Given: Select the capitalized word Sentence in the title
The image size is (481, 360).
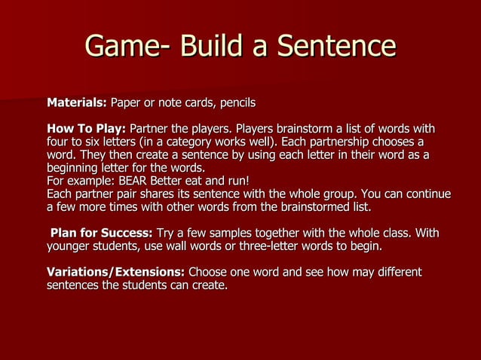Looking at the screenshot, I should [336, 47].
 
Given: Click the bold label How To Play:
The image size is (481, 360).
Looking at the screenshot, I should [87, 127].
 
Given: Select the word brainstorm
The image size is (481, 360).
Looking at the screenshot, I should [307, 127].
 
